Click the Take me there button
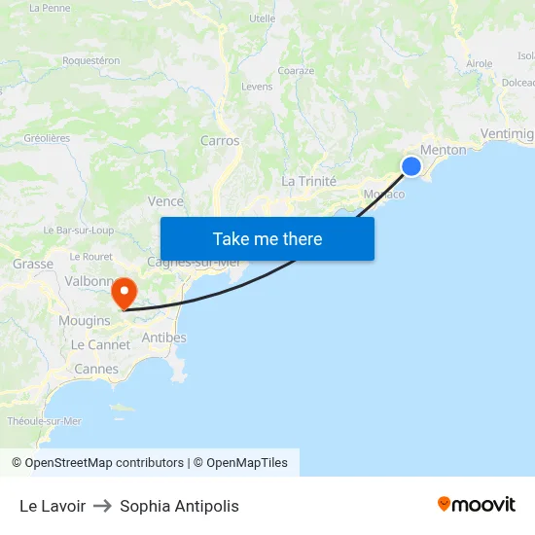tap(267, 238)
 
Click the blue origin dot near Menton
tap(411, 166)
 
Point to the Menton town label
tap(444, 150)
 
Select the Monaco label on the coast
tap(383, 194)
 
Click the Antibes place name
tap(164, 338)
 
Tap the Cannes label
tap(96, 369)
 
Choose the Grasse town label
tap(33, 264)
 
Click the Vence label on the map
tap(165, 201)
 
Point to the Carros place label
tap(220, 141)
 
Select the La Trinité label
tap(308, 181)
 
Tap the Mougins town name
tap(85, 320)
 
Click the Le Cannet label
tap(100, 344)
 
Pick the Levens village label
tap(257, 87)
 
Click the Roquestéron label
tap(91, 60)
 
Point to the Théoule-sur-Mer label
tap(45, 421)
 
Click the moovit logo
tap(477, 505)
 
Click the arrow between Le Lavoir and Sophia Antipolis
tap(102, 506)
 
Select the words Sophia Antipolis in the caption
tap(179, 506)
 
